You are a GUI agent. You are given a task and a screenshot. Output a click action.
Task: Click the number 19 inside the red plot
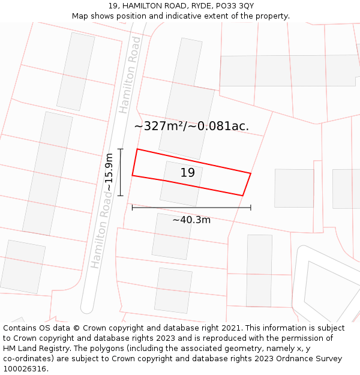point(188,173)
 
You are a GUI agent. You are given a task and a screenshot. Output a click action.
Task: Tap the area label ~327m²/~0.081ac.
point(191,126)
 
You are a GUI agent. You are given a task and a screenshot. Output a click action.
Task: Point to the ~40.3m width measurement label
point(191,220)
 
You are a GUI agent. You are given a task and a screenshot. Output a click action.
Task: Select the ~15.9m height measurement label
point(109,172)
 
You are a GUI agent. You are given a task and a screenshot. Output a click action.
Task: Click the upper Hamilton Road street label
point(130,74)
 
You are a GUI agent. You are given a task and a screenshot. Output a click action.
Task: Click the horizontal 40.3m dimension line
point(191,208)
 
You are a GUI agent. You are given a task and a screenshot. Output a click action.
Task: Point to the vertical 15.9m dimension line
point(121,172)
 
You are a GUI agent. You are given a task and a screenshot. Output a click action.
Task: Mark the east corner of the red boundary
point(250,173)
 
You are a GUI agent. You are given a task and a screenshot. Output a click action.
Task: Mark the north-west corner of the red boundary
point(137,149)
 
